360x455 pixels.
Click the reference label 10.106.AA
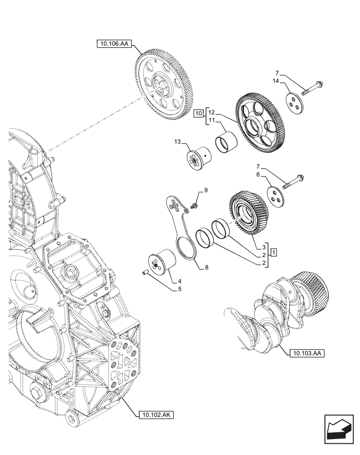pyautogui.click(x=113, y=44)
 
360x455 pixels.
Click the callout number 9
pyautogui.click(x=205, y=190)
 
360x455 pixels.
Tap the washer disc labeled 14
pyautogui.click(x=295, y=102)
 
